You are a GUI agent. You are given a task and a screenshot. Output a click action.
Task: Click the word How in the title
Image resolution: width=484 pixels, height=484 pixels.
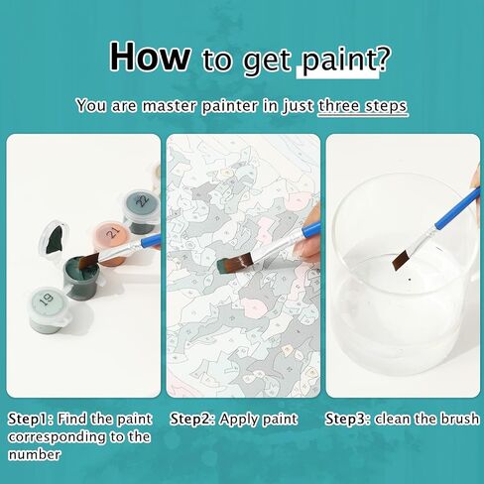tap(150, 57)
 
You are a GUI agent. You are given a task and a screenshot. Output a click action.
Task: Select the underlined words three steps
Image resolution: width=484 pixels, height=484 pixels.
tap(363, 106)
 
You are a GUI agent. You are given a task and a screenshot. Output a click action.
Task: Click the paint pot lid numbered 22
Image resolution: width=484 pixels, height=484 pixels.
tap(142, 201)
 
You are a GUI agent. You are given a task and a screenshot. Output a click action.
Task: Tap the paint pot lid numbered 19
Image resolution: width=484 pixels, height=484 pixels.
tap(48, 300)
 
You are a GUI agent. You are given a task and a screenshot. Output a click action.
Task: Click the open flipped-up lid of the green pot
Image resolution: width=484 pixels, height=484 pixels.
tap(54, 236)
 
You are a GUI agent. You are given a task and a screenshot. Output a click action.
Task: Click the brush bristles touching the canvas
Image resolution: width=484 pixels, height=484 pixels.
tap(234, 263)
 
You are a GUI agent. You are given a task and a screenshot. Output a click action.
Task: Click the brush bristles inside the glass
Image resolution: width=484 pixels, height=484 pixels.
tap(400, 260)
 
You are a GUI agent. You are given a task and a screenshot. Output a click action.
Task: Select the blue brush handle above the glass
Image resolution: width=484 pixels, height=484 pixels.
tap(457, 208)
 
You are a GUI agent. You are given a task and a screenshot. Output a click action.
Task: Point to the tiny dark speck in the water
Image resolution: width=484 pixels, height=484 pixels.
tap(410, 280)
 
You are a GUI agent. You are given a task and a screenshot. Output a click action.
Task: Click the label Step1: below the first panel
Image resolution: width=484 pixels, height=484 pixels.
tap(31, 419)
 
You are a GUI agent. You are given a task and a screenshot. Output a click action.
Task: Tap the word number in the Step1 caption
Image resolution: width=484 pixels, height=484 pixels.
tap(34, 454)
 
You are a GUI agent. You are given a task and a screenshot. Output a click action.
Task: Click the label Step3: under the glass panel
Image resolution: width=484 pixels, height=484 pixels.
tap(348, 419)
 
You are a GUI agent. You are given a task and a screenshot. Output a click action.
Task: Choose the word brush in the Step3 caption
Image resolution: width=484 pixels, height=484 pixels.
tap(459, 419)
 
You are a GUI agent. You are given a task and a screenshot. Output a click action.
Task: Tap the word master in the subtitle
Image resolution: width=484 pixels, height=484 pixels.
tap(170, 106)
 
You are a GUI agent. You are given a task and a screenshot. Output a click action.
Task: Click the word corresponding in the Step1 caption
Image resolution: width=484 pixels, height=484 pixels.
tap(58, 437)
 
